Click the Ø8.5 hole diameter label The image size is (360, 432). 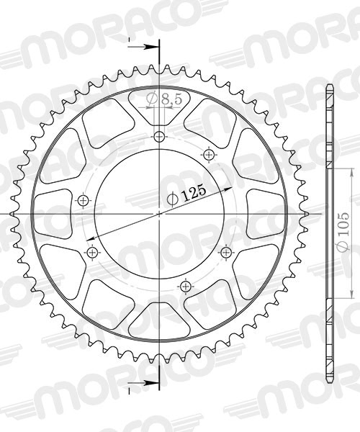point(164,100)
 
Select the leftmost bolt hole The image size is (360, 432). point(84,200)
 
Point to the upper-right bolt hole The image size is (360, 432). point(210,154)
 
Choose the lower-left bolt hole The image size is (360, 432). point(91,252)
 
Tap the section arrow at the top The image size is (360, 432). point(150,47)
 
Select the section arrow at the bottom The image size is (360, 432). point(150,381)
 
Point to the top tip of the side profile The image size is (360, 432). point(330,87)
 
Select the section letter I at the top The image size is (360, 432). point(129,39)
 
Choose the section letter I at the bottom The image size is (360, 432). point(129,389)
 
